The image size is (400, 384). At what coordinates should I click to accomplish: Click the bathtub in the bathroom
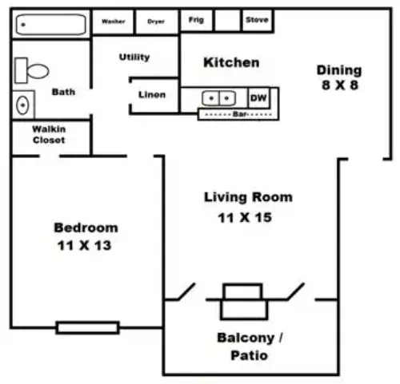click(x=51, y=25)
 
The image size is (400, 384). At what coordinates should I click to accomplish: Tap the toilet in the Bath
click(x=31, y=70)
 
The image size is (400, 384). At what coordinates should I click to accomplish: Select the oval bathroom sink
click(x=22, y=105)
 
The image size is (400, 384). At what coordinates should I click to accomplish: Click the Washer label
click(x=114, y=22)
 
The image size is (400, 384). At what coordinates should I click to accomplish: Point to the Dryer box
click(x=157, y=22)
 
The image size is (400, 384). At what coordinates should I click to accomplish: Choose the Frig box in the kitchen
click(x=196, y=21)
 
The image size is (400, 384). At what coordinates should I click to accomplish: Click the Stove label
click(x=257, y=20)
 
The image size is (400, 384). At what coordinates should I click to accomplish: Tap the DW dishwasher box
click(x=258, y=98)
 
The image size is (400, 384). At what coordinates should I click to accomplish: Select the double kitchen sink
click(x=219, y=98)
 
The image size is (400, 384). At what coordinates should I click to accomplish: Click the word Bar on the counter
click(x=239, y=114)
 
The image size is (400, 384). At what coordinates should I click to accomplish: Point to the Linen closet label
click(x=152, y=94)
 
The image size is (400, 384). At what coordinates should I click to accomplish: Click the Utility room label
click(x=134, y=57)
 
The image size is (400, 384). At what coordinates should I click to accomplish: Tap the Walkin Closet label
click(x=49, y=135)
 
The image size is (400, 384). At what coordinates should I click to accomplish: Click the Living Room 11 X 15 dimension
click(x=245, y=217)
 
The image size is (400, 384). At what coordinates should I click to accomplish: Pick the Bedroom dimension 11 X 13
click(x=84, y=245)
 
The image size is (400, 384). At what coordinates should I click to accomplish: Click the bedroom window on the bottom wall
click(x=87, y=327)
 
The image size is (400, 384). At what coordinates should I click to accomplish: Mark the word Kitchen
click(x=231, y=62)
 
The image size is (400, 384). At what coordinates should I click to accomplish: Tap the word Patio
click(x=250, y=355)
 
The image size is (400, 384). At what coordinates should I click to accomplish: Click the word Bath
click(x=63, y=92)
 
